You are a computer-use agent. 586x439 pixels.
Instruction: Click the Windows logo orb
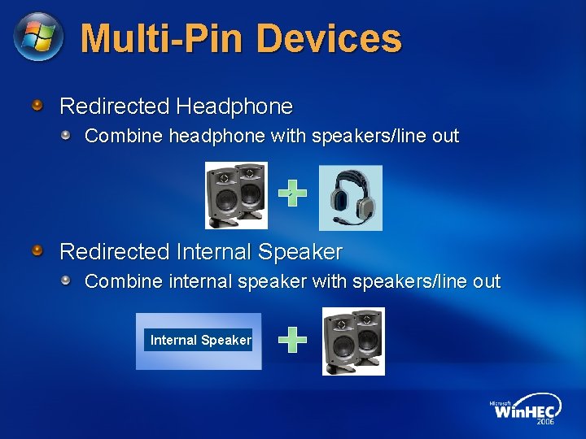[38, 37]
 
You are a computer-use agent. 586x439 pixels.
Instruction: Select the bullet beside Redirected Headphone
[37, 106]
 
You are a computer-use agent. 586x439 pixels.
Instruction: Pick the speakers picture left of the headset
[236, 195]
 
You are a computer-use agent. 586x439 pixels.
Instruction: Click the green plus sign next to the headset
[292, 193]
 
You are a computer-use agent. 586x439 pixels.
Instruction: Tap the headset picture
[350, 198]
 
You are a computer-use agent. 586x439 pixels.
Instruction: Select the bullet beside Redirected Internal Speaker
[37, 251]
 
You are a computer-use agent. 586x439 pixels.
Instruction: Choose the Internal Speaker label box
[199, 340]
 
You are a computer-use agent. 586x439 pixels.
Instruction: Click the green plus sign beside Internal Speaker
[292, 340]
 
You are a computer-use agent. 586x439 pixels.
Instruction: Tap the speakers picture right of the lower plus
[353, 341]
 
